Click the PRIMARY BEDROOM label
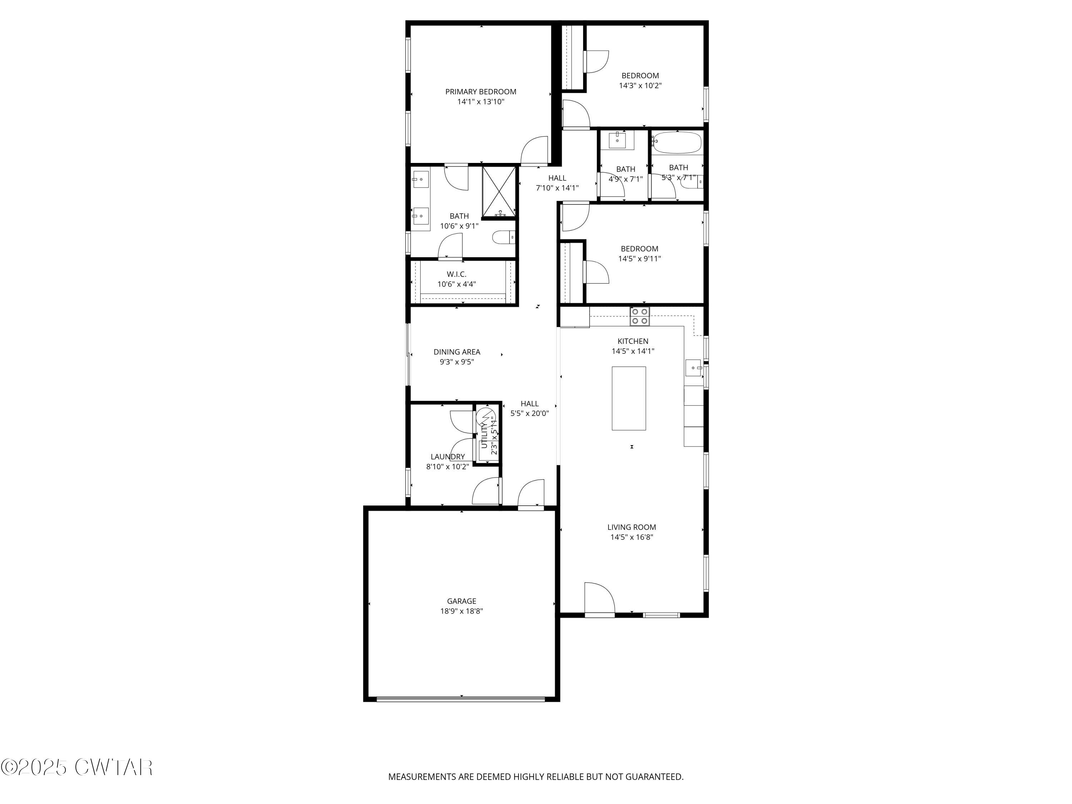tap(480, 91)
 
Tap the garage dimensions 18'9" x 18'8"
tap(461, 611)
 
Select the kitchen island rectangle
tap(629, 398)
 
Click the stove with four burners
tap(640, 317)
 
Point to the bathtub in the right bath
tap(676, 143)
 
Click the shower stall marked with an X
tap(499, 192)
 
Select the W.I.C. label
tap(457, 274)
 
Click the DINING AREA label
tap(457, 352)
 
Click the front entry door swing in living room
tap(599, 599)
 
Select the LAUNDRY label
tap(447, 457)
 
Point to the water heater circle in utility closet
tap(485, 416)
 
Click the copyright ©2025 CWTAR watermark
tap(76, 767)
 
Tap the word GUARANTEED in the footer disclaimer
tap(654, 777)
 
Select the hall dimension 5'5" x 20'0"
tap(529, 413)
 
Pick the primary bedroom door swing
tap(535, 151)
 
